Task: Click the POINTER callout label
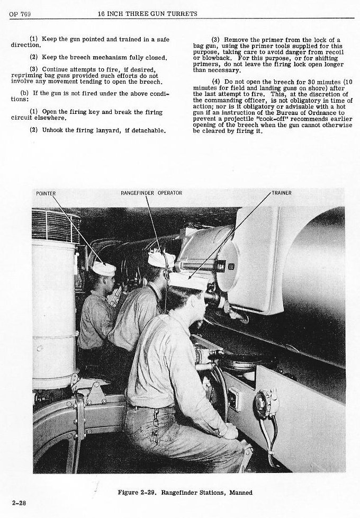click(x=46, y=193)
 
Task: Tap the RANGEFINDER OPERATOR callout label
click(x=151, y=193)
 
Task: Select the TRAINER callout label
click(x=282, y=193)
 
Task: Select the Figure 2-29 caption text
click(x=185, y=492)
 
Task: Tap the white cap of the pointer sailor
click(x=103, y=269)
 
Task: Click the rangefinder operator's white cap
click(x=160, y=260)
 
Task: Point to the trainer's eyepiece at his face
click(x=212, y=297)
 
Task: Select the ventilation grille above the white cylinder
click(x=56, y=225)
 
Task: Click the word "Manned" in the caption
click(x=241, y=492)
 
